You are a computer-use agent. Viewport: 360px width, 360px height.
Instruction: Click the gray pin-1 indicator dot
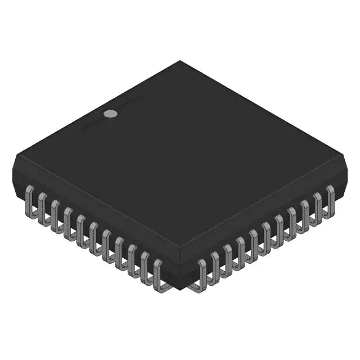(x=111, y=114)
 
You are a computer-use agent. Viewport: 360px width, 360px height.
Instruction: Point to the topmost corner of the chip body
(x=180, y=61)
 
